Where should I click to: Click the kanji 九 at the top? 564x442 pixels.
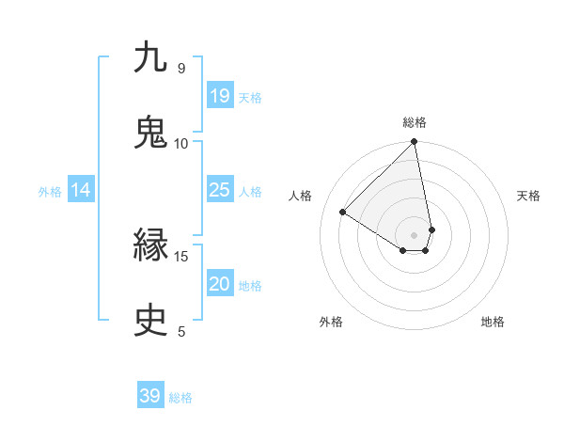click(x=150, y=58)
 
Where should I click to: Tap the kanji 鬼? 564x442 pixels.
click(x=150, y=134)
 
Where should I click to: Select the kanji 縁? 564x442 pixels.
click(x=150, y=246)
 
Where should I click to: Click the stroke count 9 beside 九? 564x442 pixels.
click(x=181, y=68)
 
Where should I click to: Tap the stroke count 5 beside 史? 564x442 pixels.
click(x=181, y=331)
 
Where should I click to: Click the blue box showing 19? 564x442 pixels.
click(x=220, y=96)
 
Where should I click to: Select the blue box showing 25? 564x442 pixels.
click(x=220, y=190)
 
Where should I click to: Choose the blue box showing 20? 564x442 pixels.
click(x=220, y=285)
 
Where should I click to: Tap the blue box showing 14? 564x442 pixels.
click(x=81, y=191)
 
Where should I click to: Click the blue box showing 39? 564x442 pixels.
click(x=150, y=396)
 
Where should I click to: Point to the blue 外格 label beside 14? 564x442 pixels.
click(x=50, y=192)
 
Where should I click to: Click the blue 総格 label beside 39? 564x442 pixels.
click(x=181, y=398)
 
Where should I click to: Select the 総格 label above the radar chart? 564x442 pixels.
click(x=415, y=122)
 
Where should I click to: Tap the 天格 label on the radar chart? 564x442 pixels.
click(x=529, y=196)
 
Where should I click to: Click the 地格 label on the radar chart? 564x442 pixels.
click(x=493, y=322)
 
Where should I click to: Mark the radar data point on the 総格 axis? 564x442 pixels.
click(x=415, y=143)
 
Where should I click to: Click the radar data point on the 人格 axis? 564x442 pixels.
click(x=343, y=212)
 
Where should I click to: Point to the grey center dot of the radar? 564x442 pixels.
click(x=415, y=234)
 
